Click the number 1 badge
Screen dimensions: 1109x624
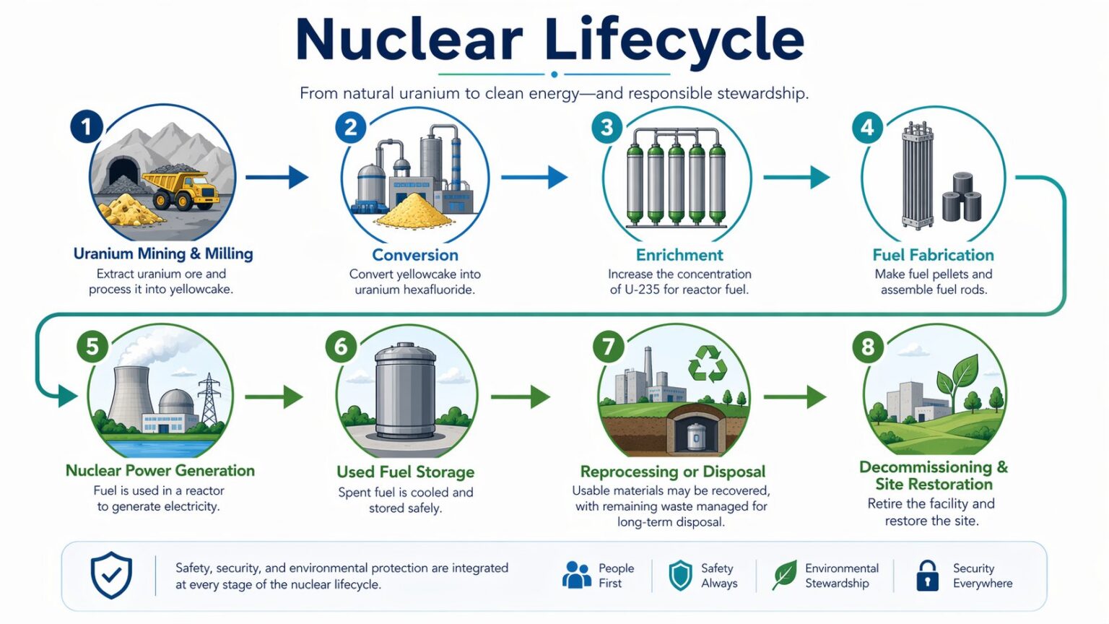coord(87,127)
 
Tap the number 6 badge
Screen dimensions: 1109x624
coord(341,347)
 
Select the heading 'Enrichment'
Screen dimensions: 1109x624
coord(679,255)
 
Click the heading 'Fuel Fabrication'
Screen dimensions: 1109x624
coord(934,255)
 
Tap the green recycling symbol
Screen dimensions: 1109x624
coord(708,364)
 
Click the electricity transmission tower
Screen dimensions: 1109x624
coord(209,399)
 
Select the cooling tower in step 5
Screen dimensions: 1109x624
coord(130,398)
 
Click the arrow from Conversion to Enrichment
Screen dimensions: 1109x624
coord(534,177)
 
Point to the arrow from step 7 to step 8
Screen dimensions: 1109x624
coord(795,396)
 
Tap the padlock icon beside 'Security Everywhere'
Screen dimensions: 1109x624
coord(927,576)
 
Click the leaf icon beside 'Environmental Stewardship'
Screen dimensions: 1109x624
coord(785,575)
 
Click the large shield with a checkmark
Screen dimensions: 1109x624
coord(111,575)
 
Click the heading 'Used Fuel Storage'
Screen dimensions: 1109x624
coord(406,472)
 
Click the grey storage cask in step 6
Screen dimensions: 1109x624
coord(405,391)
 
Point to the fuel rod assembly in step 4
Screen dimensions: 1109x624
coord(918,175)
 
